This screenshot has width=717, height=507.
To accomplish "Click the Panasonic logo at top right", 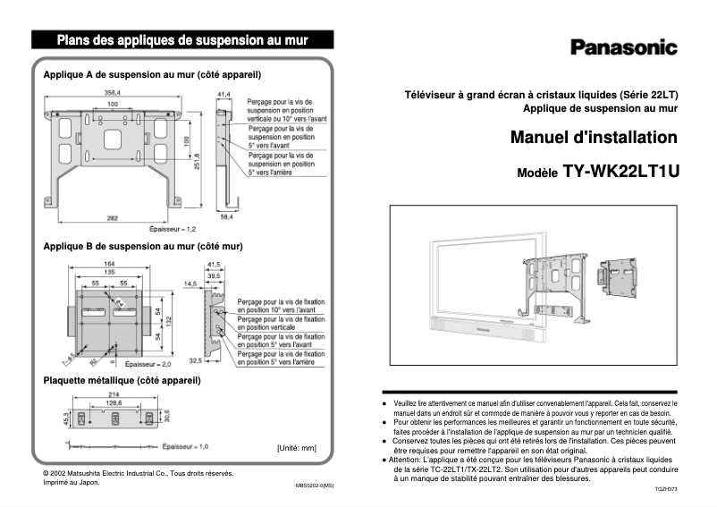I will click(623, 48).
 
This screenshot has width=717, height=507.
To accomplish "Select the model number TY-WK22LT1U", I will click(620, 172).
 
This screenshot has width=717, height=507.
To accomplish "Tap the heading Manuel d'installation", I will click(593, 139).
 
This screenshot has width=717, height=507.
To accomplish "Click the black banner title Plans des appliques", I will click(182, 39).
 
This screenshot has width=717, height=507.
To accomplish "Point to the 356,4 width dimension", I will click(113, 92).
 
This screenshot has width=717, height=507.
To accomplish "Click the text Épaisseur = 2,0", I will click(148, 365).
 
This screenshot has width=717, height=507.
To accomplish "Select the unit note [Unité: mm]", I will click(297, 447).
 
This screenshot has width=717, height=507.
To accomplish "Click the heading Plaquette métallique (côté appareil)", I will click(122, 380).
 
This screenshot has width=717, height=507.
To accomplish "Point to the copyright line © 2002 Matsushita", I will click(139, 472).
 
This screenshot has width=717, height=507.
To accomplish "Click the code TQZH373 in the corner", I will click(665, 491).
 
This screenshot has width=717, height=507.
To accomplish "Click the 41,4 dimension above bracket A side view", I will click(223, 93).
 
